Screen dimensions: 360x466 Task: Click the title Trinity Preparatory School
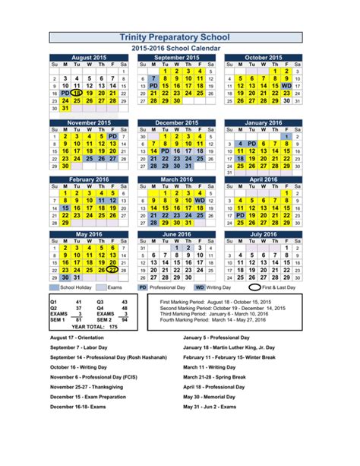tap(180, 37)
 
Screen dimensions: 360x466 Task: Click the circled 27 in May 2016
tap(112, 269)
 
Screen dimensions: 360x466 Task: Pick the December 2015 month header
tap(177, 122)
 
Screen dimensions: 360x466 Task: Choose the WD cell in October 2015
tap(286, 86)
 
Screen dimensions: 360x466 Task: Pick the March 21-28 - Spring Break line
tap(213, 376)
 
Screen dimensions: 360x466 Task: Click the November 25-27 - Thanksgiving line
tap(91, 386)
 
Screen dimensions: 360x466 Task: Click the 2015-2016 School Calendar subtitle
tap(180, 49)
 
